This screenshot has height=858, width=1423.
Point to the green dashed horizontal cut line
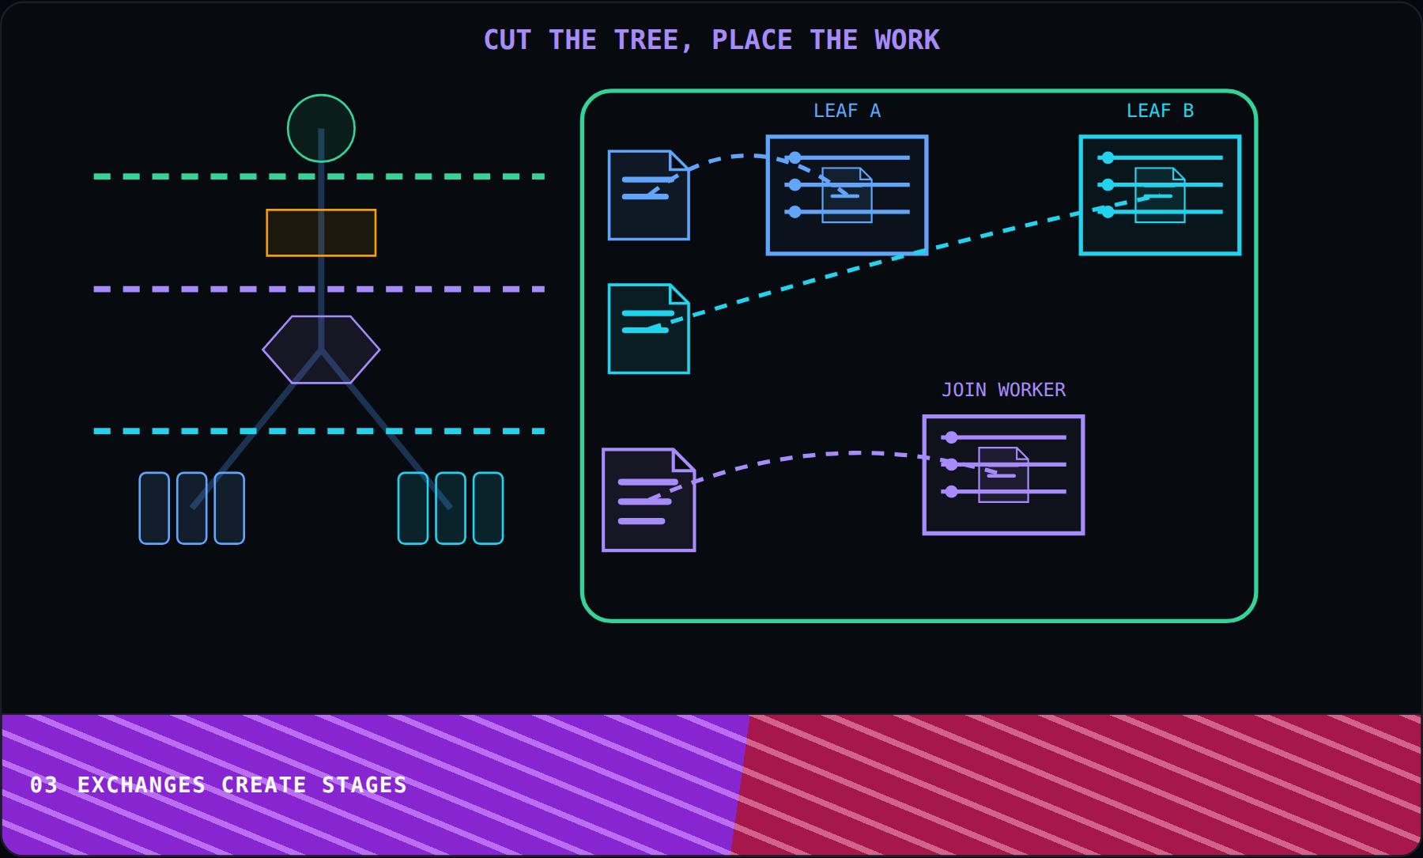pyautogui.click(x=319, y=176)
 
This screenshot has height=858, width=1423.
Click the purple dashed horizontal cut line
pyautogui.click(x=319, y=289)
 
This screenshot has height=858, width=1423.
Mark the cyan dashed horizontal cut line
pyautogui.click(x=319, y=431)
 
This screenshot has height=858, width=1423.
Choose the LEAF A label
pyautogui.click(x=847, y=111)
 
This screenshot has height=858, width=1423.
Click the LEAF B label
pyautogui.click(x=1160, y=111)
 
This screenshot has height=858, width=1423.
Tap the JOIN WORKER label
pyautogui.click(x=1003, y=390)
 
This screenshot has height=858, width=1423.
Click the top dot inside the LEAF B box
pyautogui.click(x=1108, y=157)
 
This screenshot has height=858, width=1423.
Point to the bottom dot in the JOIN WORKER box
pyautogui.click(x=951, y=492)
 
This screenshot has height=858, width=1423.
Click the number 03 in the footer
pyautogui.click(x=44, y=785)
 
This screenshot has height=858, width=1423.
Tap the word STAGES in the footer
pyautogui.click(x=364, y=785)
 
